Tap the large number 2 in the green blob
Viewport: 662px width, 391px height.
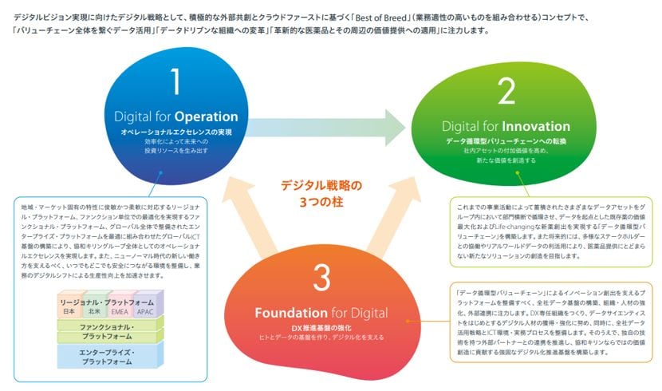pos(506,93)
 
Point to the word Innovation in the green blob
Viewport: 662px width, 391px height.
pos(535,127)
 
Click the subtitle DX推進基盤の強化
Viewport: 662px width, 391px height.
pos(321,327)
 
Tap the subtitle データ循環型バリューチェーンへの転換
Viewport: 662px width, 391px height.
pos(506,140)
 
